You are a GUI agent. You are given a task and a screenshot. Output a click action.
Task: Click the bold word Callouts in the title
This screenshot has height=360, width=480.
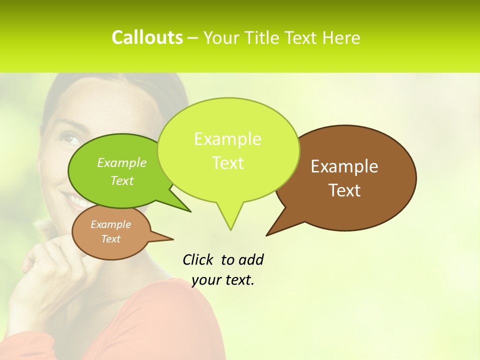pos(147,37)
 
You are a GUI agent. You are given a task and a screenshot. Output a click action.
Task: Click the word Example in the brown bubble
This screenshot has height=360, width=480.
pos(344,166)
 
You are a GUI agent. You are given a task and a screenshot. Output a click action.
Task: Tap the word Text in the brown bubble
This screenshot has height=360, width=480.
pos(344,190)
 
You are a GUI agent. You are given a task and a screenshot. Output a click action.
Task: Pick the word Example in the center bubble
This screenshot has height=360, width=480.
pos(227,139)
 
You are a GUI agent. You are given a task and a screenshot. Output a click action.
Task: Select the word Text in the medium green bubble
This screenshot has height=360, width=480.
pos(121,181)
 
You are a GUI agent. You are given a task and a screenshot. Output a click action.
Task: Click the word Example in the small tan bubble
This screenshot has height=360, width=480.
pos(110,224)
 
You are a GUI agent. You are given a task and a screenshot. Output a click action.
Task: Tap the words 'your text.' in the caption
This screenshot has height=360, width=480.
pos(223,280)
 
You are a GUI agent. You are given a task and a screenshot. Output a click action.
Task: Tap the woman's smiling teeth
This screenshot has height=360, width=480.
pos(77,202)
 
